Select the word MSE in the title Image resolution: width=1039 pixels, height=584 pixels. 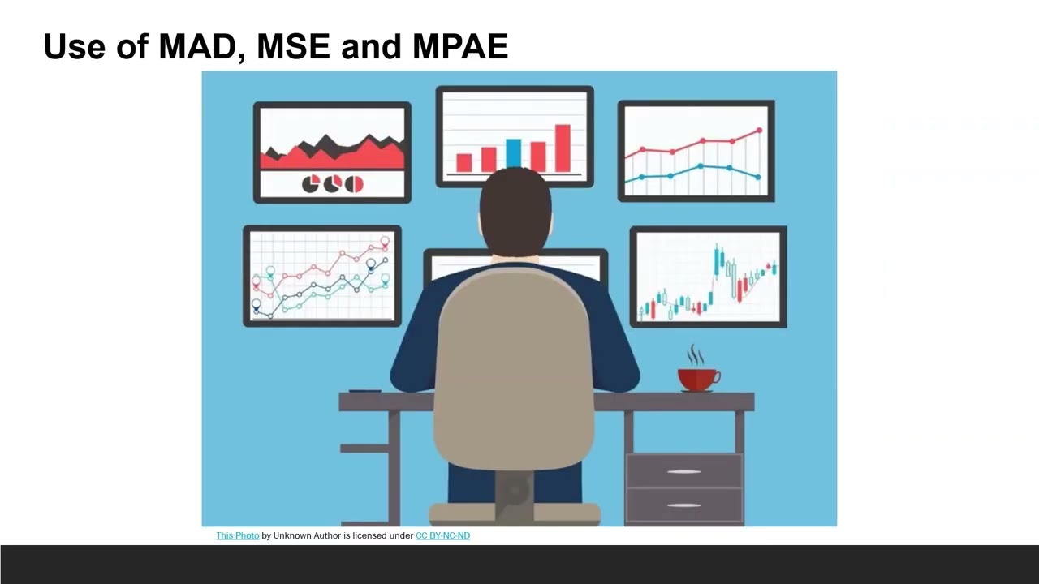(x=294, y=47)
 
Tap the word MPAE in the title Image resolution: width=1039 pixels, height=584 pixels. (x=460, y=47)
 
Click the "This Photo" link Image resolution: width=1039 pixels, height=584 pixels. (x=237, y=535)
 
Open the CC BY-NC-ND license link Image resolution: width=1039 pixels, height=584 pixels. (x=442, y=535)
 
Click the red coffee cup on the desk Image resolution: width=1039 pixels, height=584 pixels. (x=697, y=379)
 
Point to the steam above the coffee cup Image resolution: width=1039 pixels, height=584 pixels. (x=696, y=355)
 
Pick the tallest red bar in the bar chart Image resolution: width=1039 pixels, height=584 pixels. (x=563, y=148)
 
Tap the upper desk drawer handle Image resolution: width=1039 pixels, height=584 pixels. (x=683, y=472)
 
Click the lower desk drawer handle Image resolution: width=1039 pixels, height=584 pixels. (x=683, y=505)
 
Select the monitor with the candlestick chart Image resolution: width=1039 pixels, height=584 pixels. (x=708, y=277)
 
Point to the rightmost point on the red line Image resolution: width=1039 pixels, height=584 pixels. (x=760, y=130)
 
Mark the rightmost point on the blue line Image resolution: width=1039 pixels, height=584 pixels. (x=758, y=177)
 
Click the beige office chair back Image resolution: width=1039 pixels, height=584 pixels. (x=513, y=365)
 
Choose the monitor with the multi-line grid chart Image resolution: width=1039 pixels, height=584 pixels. (x=322, y=276)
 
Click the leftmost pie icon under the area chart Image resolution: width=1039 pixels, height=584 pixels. (x=311, y=185)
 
